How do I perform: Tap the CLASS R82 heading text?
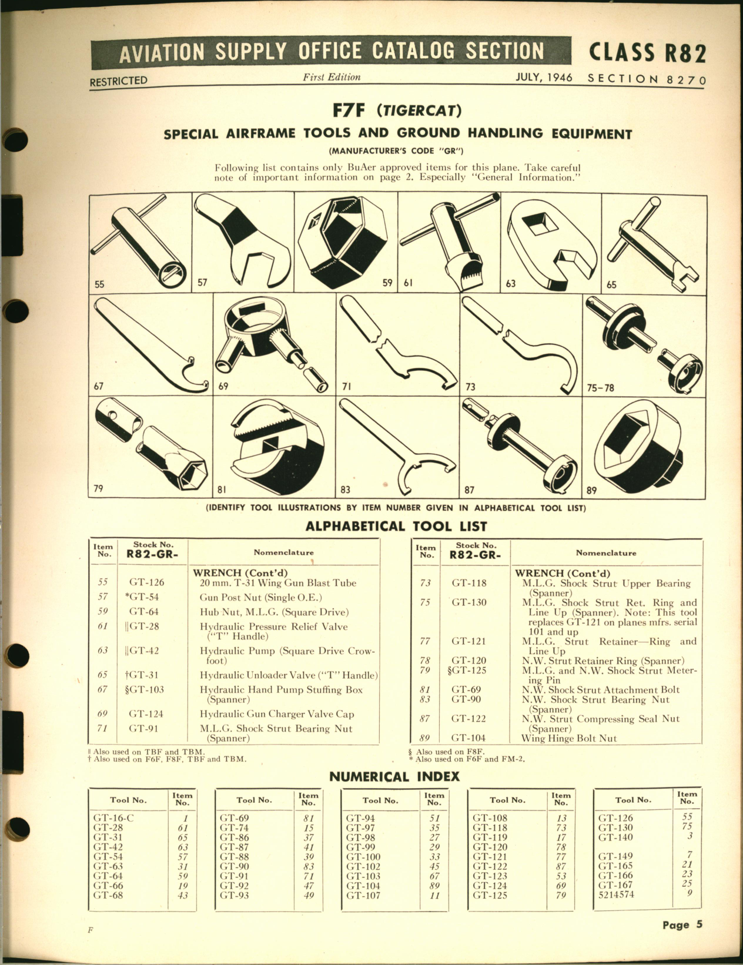(x=647, y=53)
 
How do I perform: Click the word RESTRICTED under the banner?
(x=118, y=81)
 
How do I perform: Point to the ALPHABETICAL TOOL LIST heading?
(x=396, y=526)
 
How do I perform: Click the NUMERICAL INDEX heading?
(x=394, y=776)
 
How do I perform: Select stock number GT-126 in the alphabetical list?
(x=146, y=583)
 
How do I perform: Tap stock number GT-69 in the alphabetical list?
(x=468, y=690)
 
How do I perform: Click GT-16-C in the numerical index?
(x=114, y=817)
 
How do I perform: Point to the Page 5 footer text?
(x=682, y=924)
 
